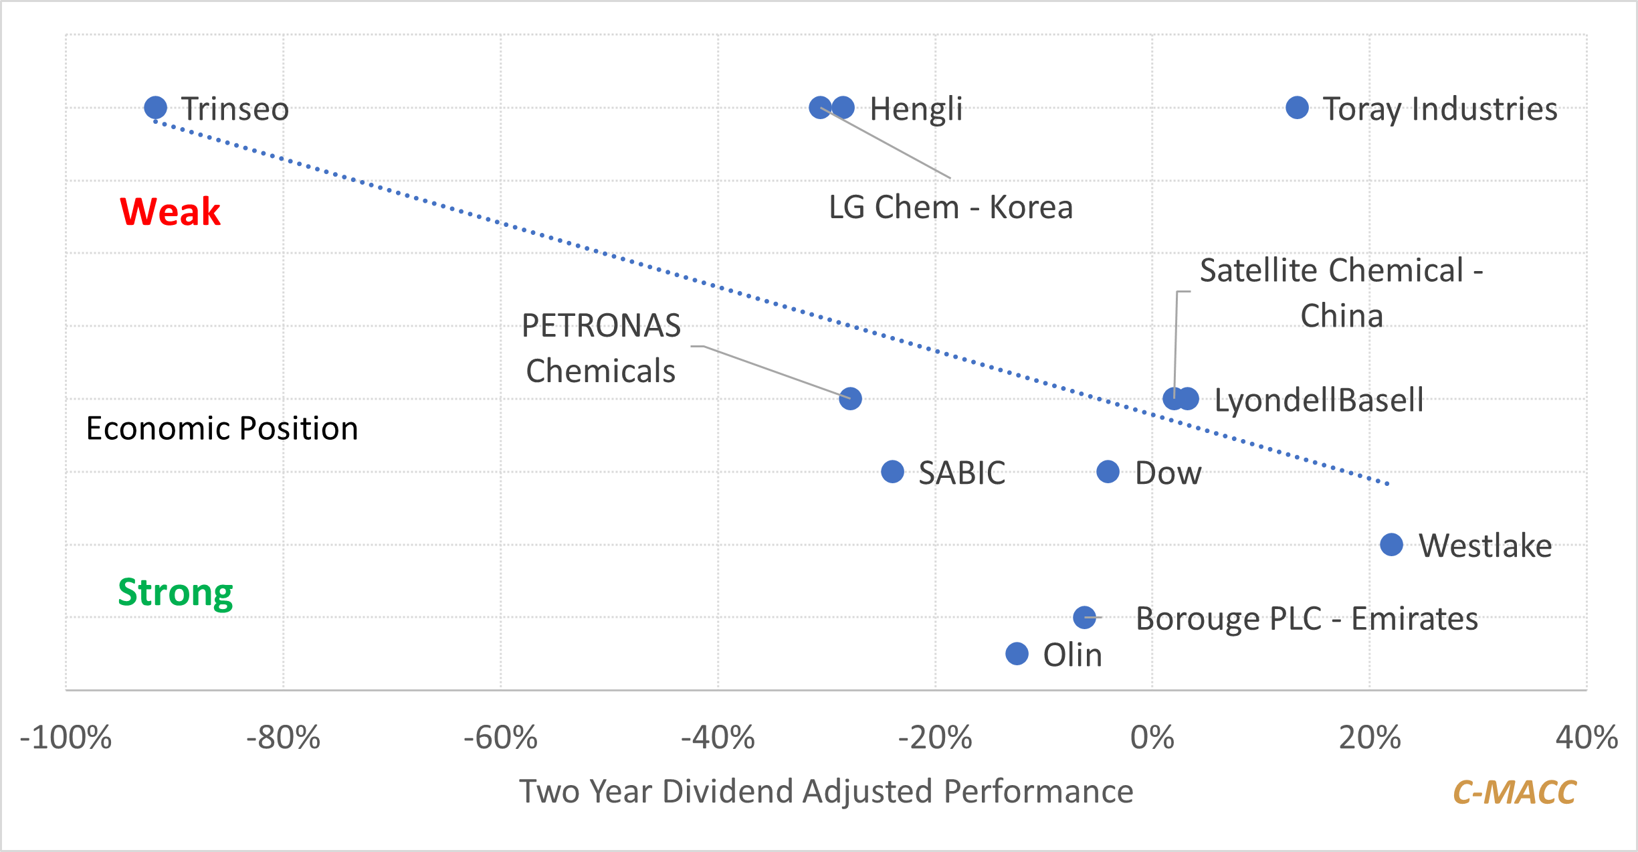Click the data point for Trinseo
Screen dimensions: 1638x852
pyautogui.click(x=155, y=107)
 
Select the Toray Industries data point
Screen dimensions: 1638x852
pyautogui.click(x=1297, y=107)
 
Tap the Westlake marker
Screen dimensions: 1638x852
pyautogui.click(x=1391, y=544)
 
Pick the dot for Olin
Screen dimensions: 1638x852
pyautogui.click(x=1017, y=653)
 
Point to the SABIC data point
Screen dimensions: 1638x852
pyautogui.click(x=892, y=471)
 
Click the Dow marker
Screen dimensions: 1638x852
pyautogui.click(x=1108, y=471)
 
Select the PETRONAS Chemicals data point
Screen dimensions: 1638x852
pyautogui.click(x=850, y=398)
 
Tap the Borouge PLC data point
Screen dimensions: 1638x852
pyautogui.click(x=1084, y=617)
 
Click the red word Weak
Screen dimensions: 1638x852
pyautogui.click(x=170, y=211)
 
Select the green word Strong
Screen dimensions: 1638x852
pyautogui.click(x=175, y=593)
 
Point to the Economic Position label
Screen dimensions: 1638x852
pyautogui.click(x=222, y=428)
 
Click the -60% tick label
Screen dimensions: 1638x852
pyautogui.click(x=500, y=738)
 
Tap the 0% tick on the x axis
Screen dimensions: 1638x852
pyautogui.click(x=1152, y=738)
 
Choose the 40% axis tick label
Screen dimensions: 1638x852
pyautogui.click(x=1586, y=738)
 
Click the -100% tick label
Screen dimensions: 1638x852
pyautogui.click(x=66, y=738)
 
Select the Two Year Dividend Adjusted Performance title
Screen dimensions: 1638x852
pyautogui.click(x=826, y=792)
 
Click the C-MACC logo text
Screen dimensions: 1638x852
pyautogui.click(x=1514, y=792)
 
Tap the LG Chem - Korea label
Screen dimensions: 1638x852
pyautogui.click(x=950, y=207)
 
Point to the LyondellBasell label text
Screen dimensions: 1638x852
pyautogui.click(x=1319, y=400)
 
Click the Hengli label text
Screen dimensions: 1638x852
pyautogui.click(x=916, y=109)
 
